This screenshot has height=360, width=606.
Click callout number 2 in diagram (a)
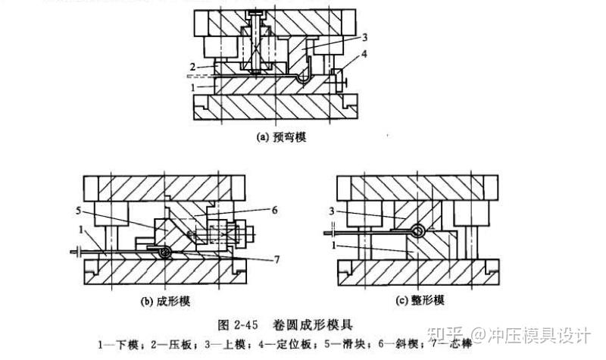(x=194, y=67)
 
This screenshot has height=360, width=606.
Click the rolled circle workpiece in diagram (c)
(x=416, y=230)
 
